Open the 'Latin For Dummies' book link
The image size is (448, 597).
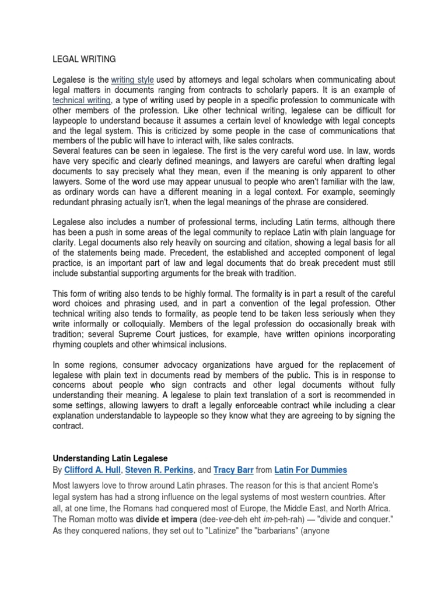click(313, 470)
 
